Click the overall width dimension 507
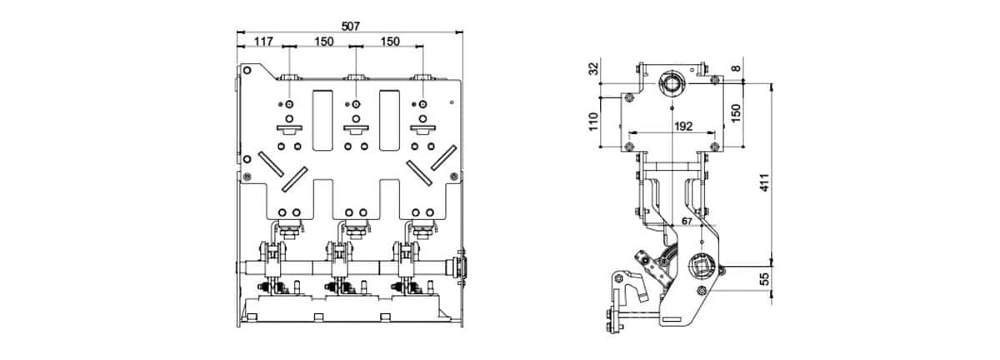350,26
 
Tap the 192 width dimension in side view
672,127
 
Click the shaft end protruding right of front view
461,267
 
